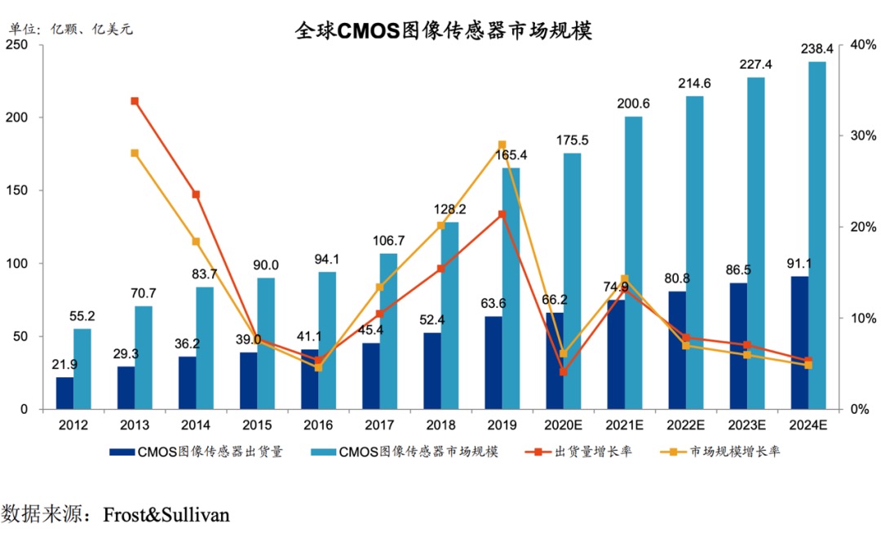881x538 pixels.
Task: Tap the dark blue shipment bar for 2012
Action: tap(64, 393)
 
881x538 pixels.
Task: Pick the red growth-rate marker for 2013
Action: tap(135, 101)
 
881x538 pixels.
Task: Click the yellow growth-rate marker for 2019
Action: tap(502, 145)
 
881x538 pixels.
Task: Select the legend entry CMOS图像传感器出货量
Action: tap(196, 451)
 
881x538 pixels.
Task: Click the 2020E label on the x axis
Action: tap(562, 425)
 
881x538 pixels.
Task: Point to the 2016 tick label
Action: tap(318, 425)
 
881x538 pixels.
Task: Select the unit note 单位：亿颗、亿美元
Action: tap(70, 29)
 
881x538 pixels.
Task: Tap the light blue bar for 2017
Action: tap(388, 331)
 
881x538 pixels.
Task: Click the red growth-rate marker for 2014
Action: tap(196, 194)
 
